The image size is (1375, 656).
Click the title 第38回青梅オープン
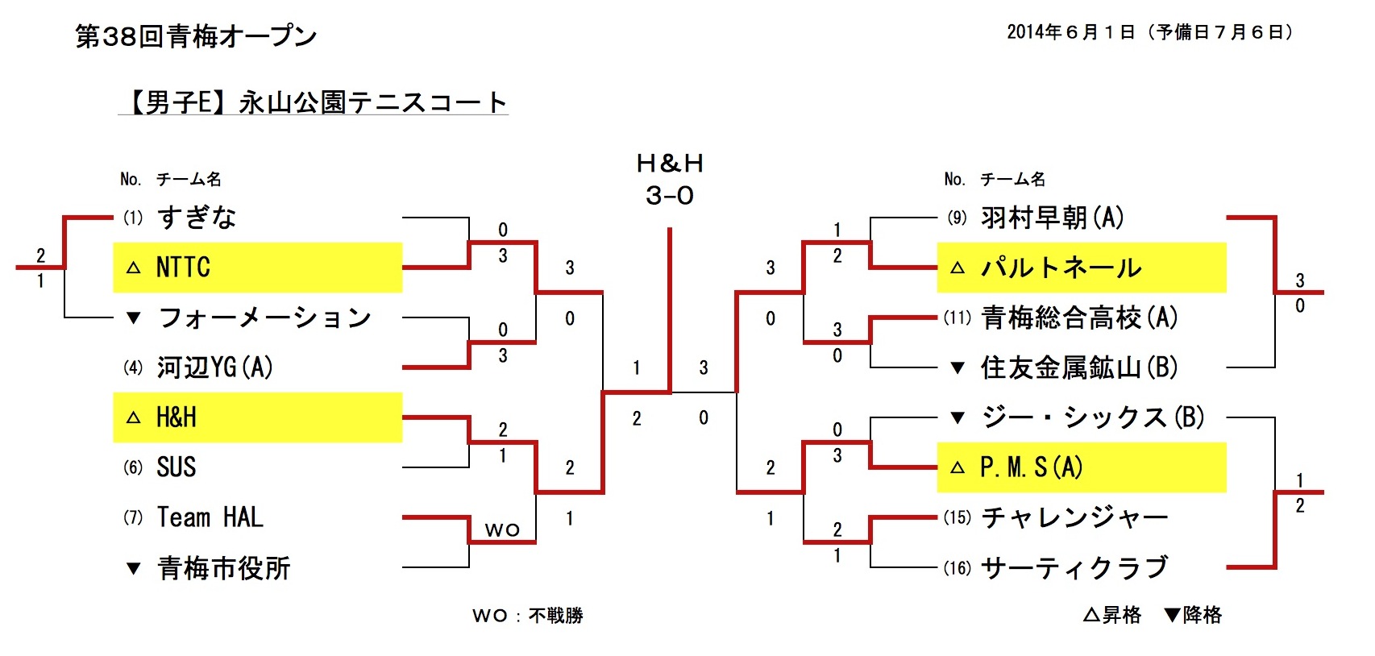coord(196,36)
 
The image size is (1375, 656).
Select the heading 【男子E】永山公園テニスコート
coord(314,102)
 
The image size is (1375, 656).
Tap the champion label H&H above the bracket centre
coord(669,164)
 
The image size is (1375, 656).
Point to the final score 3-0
coord(669,196)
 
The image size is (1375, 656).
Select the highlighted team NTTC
coord(183,268)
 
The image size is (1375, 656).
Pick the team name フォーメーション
coord(264,318)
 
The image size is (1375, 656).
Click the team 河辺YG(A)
coord(214,367)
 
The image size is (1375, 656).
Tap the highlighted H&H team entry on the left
coord(177,417)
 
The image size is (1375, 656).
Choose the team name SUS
coord(177,467)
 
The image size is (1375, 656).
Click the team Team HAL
coord(210,517)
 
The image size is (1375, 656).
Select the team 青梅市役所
coord(224,568)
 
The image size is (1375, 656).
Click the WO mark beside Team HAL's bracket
coord(502,530)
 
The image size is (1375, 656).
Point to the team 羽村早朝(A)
coord(1052,218)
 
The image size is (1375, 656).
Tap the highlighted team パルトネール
coord(1061,268)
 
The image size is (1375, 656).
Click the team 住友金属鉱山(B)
coord(1079,367)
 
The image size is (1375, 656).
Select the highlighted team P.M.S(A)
coord(1031,467)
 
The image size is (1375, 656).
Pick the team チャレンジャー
coord(1074,517)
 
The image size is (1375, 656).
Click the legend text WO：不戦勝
coord(527,616)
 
